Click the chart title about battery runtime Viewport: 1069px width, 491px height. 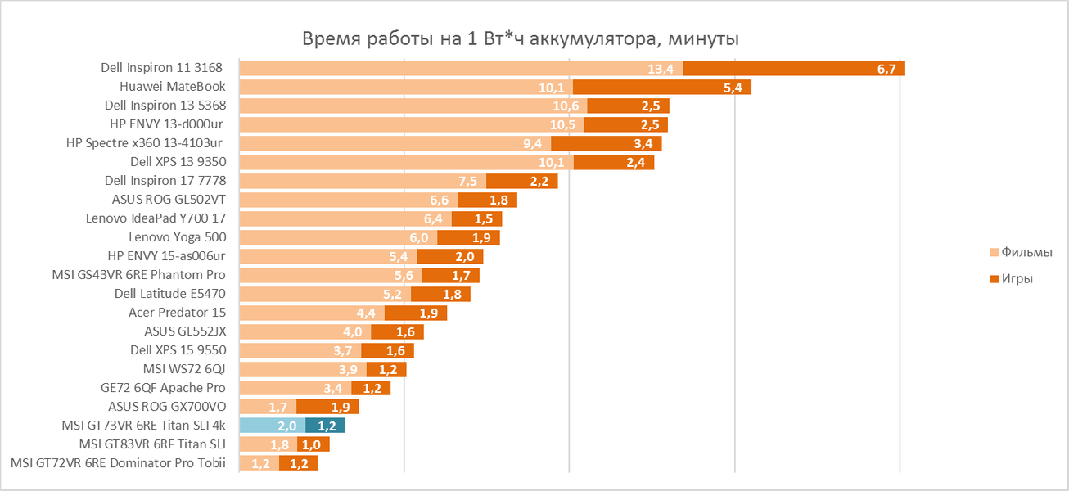521,39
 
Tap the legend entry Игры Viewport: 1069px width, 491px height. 1017,279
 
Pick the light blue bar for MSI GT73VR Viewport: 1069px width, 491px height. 272,426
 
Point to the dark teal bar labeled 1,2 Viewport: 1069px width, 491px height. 325,426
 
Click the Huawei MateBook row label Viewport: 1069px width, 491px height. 172,87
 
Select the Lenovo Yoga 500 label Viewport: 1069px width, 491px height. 177,237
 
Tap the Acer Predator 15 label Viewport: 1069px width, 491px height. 177,313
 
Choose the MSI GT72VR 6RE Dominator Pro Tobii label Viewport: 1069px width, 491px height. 118,463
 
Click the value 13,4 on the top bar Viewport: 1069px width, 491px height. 660,69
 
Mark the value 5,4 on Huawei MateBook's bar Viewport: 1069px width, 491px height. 733,88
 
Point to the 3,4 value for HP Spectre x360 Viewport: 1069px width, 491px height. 643,144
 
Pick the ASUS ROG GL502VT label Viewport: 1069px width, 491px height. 169,200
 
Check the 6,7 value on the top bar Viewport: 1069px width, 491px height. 886,69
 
